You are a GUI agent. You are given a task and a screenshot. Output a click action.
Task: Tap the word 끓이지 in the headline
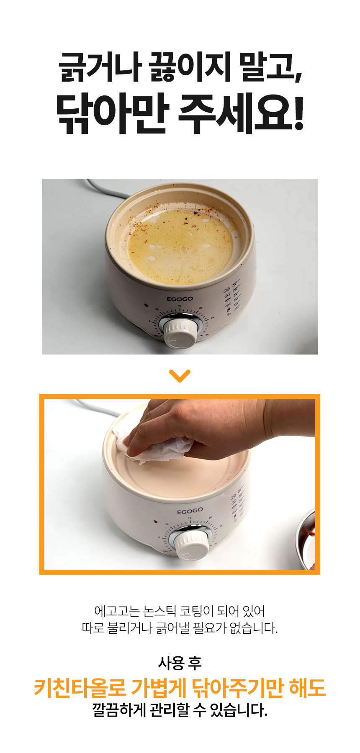[x=190, y=68]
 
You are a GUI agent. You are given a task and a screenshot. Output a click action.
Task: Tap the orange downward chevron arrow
[x=180, y=375]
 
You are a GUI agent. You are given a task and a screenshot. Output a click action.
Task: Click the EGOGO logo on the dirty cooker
[x=180, y=299]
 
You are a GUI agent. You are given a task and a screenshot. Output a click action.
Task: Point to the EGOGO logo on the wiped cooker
[x=190, y=511]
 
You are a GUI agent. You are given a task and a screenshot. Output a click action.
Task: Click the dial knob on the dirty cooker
[x=180, y=333]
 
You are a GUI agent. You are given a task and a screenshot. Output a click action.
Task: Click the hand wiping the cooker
[x=218, y=429]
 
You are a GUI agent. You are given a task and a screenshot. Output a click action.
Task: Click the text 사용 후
[x=180, y=663]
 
